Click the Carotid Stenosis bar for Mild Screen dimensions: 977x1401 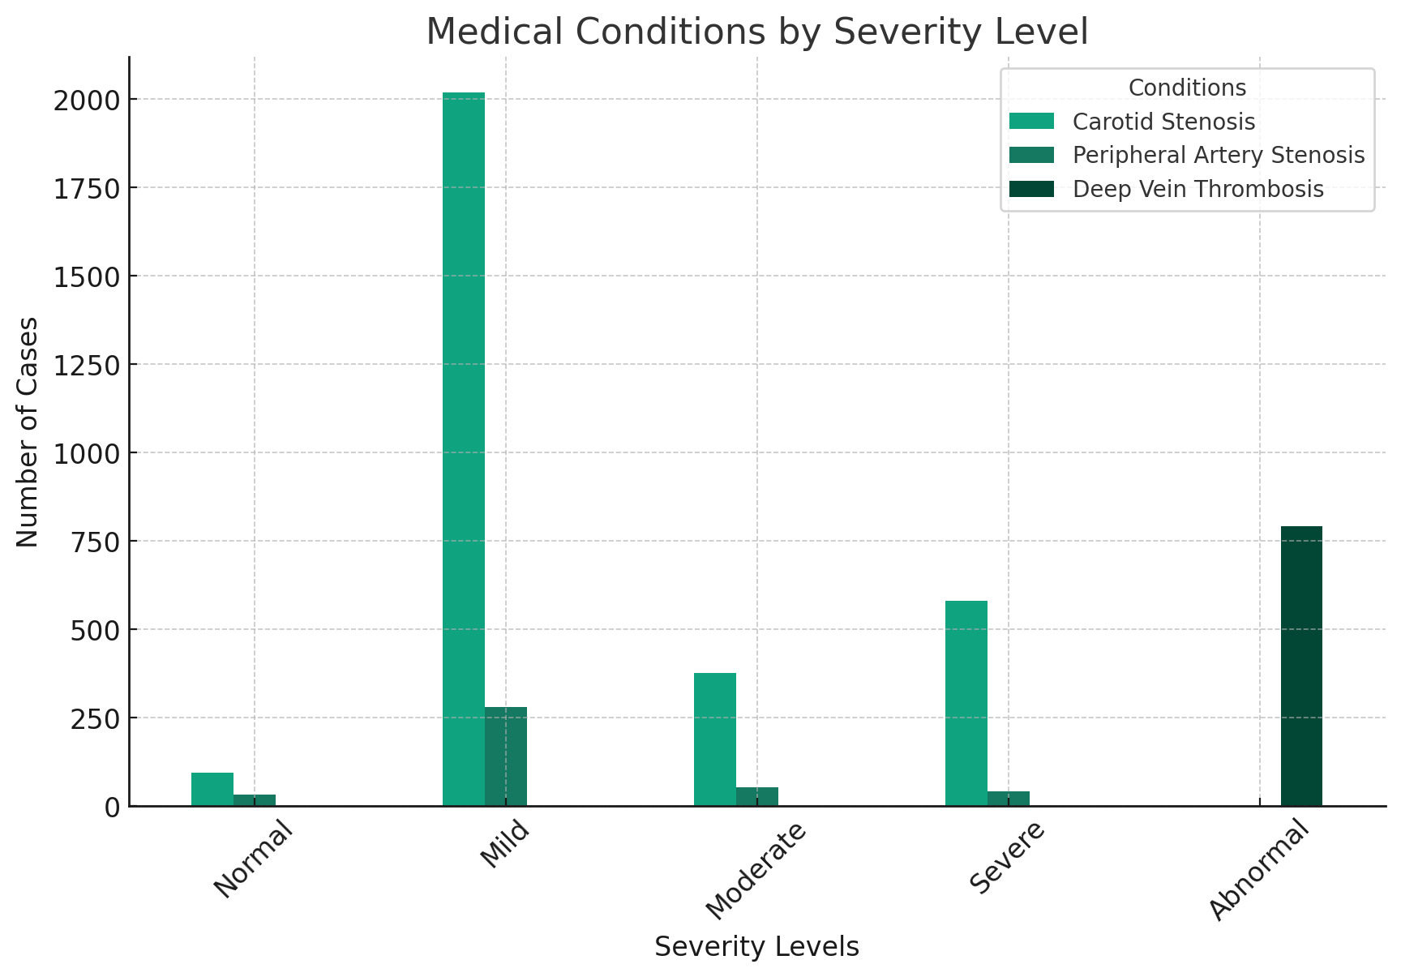464,449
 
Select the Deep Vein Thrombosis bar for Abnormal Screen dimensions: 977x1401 1301,666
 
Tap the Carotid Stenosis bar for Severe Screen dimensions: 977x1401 966,703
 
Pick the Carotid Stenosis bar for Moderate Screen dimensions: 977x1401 715,739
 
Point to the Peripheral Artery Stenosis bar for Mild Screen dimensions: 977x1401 506,756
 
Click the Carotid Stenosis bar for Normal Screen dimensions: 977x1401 212,789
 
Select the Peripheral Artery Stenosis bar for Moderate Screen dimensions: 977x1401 757,796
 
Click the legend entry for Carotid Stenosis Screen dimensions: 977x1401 1163,122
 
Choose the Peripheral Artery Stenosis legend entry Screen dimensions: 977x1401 1219,155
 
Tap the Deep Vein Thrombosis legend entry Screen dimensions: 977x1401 1197,189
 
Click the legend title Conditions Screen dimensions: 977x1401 1187,88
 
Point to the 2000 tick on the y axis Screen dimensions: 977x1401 86,100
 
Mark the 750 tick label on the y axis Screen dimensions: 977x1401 96,541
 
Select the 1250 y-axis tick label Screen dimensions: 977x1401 86,364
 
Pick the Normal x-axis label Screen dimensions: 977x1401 253,859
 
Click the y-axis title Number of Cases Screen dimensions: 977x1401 28,431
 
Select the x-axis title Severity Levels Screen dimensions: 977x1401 756,947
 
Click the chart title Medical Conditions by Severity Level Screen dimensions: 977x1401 756,32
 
